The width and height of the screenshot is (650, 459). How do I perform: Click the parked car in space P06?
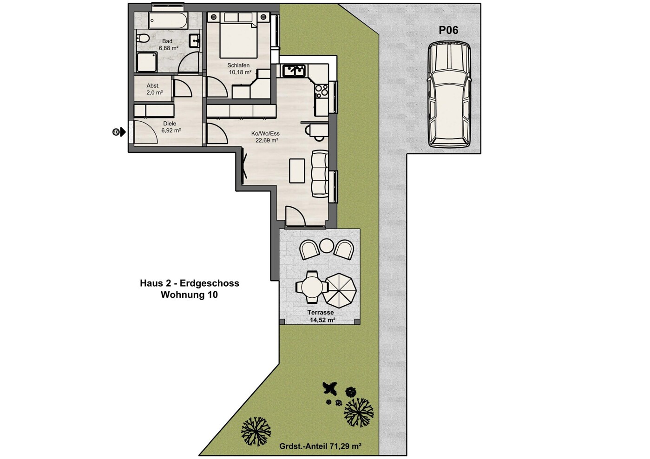tap(449, 95)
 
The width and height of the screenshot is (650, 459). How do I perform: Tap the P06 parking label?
tap(448, 30)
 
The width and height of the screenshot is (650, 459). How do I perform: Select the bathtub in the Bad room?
tap(168, 20)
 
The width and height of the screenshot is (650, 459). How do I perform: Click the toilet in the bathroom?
tap(143, 38)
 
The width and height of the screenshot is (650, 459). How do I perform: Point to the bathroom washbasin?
tap(194, 41)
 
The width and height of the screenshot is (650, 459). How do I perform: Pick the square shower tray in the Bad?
tap(147, 62)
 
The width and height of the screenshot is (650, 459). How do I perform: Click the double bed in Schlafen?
tap(238, 35)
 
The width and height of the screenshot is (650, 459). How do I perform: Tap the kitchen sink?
tap(294, 71)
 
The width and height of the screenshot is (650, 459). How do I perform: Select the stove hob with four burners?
tap(322, 91)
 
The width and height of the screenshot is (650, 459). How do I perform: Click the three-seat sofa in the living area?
tap(320, 174)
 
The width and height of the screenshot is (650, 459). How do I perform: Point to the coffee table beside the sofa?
tap(297, 170)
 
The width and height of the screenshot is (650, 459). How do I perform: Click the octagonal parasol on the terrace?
tap(341, 290)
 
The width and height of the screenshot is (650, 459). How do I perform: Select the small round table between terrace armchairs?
tap(327, 245)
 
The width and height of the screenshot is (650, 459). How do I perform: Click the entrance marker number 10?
tap(116, 132)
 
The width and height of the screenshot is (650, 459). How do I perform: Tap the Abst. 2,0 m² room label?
tap(154, 89)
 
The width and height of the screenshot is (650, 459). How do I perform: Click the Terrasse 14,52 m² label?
tap(321, 316)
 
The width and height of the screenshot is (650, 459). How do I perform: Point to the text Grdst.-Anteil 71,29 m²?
tap(321, 446)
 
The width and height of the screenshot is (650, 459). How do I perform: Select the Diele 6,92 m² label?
tap(171, 127)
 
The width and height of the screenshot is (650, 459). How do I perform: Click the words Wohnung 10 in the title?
tap(189, 295)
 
